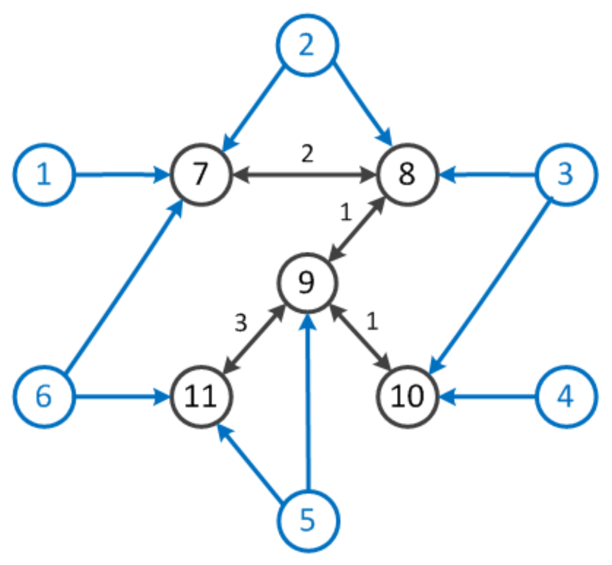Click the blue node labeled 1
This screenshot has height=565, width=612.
44,174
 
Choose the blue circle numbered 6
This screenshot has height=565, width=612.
44,397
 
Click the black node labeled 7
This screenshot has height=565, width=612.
200,174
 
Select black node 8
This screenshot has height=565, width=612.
407,174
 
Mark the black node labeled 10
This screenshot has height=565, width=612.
407,397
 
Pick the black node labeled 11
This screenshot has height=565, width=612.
200,397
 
